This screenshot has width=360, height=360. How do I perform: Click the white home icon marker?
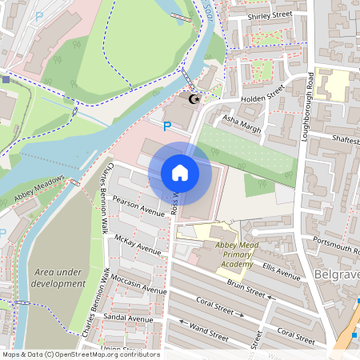tap(180, 173)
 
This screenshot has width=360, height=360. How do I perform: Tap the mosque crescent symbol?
tap(192, 100)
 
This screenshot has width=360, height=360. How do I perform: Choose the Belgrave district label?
tap(336, 275)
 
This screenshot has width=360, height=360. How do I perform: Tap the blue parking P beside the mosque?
tap(166, 126)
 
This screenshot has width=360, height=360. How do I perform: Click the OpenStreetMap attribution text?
tap(81, 354)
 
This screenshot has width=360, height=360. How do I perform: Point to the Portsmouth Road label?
tap(335, 248)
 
